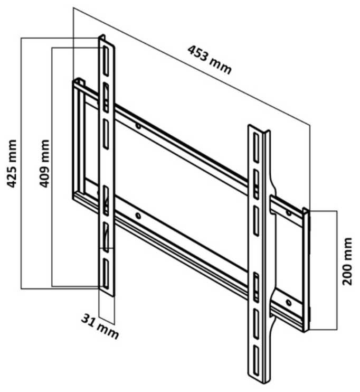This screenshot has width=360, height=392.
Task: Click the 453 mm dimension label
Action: [x=210, y=60]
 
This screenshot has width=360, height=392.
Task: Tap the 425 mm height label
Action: [x=12, y=164]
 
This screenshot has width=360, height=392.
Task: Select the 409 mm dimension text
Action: [x=44, y=163]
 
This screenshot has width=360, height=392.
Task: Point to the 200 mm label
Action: [x=347, y=262]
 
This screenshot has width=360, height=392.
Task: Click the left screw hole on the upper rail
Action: [x=138, y=126]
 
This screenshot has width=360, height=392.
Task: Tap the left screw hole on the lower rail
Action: [x=138, y=216]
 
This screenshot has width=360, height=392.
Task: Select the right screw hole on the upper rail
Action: [x=289, y=213]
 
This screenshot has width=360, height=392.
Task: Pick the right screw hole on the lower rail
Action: [x=289, y=303]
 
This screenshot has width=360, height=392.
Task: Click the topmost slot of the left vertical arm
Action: [x=106, y=61]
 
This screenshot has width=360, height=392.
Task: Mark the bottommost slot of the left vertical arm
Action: [x=106, y=274]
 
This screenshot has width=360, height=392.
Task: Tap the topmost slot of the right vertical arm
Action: [x=256, y=147]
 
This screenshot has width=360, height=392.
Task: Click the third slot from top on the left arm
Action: [x=106, y=134]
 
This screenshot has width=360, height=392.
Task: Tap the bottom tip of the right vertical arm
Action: [x=260, y=382]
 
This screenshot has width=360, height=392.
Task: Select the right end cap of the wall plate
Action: [x=306, y=269]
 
